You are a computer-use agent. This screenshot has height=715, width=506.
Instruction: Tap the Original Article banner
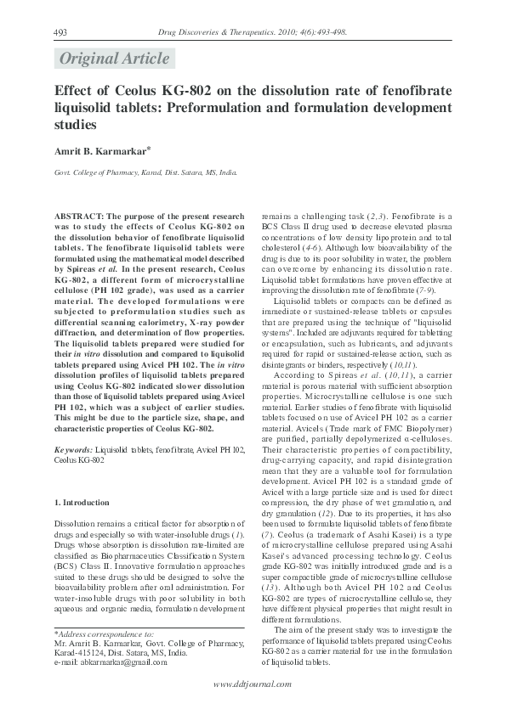[x=112, y=59]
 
